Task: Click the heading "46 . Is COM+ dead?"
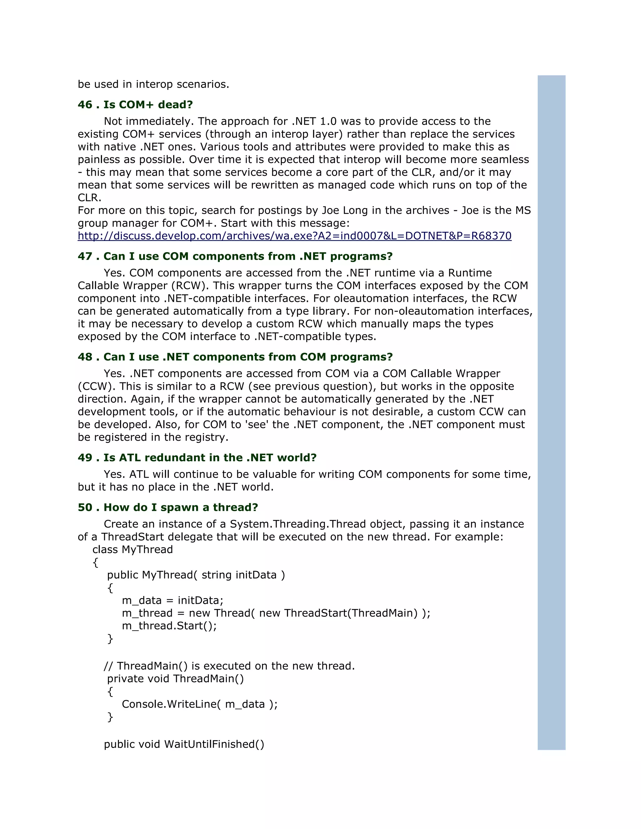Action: (x=135, y=105)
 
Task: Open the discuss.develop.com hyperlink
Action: (x=294, y=236)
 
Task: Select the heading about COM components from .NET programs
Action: (x=235, y=257)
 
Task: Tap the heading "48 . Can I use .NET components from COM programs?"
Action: (x=235, y=357)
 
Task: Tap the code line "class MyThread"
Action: (x=132, y=550)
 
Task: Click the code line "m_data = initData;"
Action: (x=172, y=601)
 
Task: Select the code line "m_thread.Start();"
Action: (x=169, y=626)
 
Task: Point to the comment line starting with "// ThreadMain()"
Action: (x=229, y=666)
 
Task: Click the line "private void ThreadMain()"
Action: (x=176, y=679)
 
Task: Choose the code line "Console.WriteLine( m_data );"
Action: (x=200, y=704)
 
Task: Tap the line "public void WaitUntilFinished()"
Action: (x=184, y=744)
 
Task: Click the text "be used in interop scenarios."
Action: (x=153, y=84)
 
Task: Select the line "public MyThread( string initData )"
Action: (x=196, y=575)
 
